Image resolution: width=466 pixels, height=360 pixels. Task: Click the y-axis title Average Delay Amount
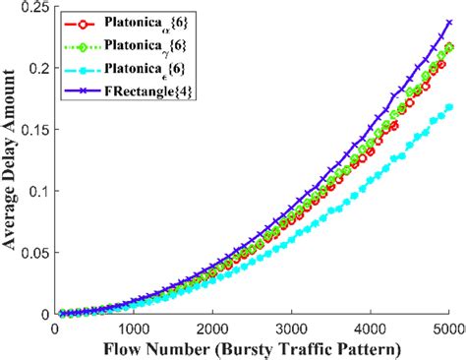tap(13, 162)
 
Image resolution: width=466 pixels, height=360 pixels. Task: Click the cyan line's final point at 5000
tap(450, 107)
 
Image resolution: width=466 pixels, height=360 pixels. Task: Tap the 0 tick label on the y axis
tap(46, 314)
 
